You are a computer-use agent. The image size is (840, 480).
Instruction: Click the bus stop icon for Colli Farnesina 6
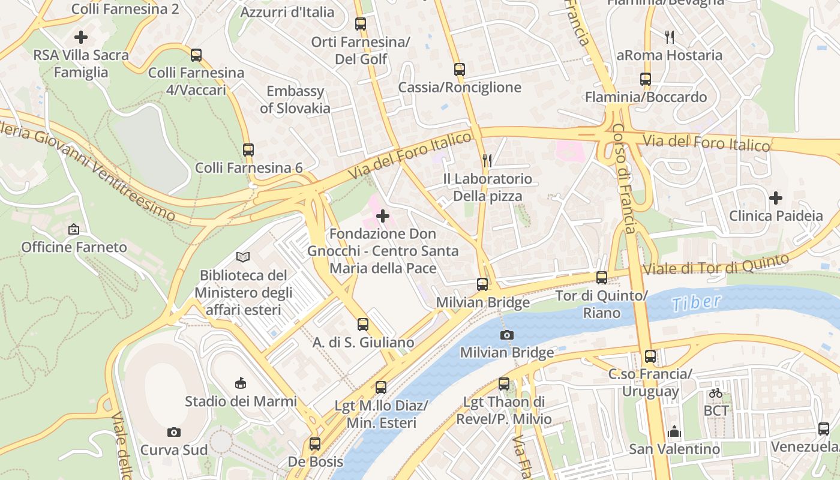(x=248, y=150)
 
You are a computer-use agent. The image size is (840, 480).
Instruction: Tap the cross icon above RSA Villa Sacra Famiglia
(x=81, y=37)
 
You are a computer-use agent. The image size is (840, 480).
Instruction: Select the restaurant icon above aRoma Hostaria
(x=670, y=37)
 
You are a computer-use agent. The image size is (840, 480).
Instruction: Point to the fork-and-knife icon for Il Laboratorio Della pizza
(x=487, y=161)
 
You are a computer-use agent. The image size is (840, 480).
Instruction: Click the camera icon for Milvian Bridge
(x=507, y=335)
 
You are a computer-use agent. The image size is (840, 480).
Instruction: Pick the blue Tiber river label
(x=696, y=302)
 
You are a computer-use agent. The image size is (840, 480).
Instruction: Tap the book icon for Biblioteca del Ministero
(x=242, y=257)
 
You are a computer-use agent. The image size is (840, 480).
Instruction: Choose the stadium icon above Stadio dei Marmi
(x=241, y=383)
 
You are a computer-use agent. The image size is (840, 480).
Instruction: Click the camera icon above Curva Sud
(x=174, y=432)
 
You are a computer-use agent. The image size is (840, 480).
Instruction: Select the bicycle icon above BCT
(x=716, y=394)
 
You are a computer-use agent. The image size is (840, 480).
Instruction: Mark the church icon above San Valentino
(x=674, y=431)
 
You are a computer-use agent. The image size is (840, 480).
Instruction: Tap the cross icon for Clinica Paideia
(x=776, y=197)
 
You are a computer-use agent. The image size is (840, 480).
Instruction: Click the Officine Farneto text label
(x=74, y=247)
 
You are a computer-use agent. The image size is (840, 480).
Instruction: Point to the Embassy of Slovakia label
(x=295, y=100)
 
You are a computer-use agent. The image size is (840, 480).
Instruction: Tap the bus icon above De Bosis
(x=315, y=444)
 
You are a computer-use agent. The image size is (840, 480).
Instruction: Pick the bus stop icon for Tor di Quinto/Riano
(x=602, y=278)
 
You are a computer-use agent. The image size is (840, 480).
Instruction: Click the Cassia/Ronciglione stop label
(x=460, y=88)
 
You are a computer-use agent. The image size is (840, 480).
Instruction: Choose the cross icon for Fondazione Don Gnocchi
(x=382, y=216)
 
